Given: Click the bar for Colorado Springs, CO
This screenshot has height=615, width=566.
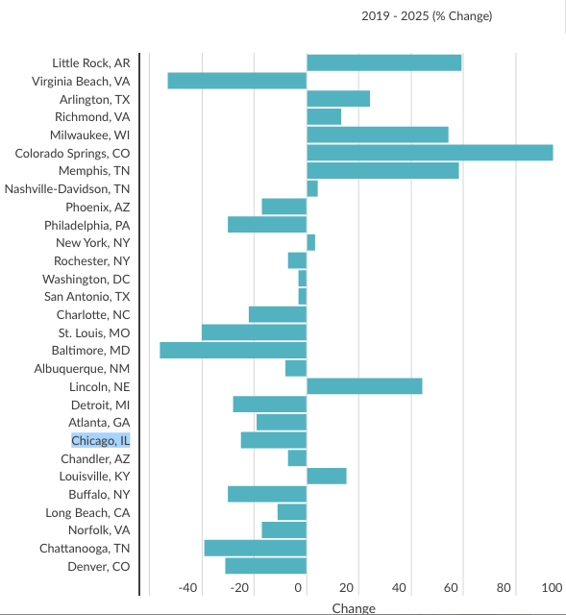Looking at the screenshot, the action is coord(430,153).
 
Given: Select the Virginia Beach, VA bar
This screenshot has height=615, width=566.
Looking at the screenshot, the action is coord(237,81).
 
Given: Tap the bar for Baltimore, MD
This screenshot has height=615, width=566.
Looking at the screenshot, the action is coord(233,350).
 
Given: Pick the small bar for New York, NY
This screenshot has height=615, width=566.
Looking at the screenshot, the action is coord(311,242).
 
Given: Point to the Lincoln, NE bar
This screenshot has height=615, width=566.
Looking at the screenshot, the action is coord(365,386).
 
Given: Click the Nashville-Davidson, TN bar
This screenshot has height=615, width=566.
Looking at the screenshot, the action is coord(312,188).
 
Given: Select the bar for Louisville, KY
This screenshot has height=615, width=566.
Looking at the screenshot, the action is coord(327,477).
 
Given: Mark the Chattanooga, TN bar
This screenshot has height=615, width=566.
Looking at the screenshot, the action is coord(256,548).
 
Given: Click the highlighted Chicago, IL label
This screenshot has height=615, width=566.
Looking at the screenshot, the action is coord(100,440).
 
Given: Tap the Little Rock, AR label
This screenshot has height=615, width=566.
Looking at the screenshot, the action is coord(91,63).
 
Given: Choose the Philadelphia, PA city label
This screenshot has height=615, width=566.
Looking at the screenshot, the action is coord(87,226).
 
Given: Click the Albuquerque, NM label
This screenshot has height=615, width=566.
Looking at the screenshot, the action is coord(82,369).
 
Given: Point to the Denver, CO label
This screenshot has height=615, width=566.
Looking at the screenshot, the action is coord(98,566).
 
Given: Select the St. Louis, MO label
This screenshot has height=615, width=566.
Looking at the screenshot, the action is coord(94,333).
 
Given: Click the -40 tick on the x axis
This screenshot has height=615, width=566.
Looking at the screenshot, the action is coord(187,587).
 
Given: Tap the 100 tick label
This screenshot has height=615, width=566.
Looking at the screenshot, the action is coord(552,587).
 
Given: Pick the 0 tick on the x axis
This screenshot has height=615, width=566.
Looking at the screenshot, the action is coord(298,587).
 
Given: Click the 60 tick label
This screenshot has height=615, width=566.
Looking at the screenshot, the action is coord(451,587).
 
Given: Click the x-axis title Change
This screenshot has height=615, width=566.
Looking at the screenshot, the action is coord(354,608).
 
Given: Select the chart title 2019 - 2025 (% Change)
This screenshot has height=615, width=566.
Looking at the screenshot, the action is coord(427,16).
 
